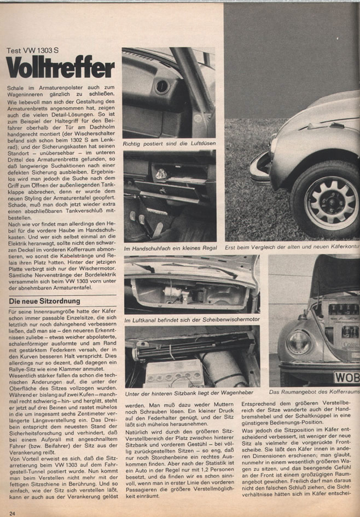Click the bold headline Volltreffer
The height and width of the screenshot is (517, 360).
(61, 68)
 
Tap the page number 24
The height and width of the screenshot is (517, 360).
(11, 512)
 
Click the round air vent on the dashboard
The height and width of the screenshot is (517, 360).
(162, 86)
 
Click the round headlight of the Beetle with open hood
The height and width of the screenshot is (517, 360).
(299, 342)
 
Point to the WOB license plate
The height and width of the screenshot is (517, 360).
(346, 378)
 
